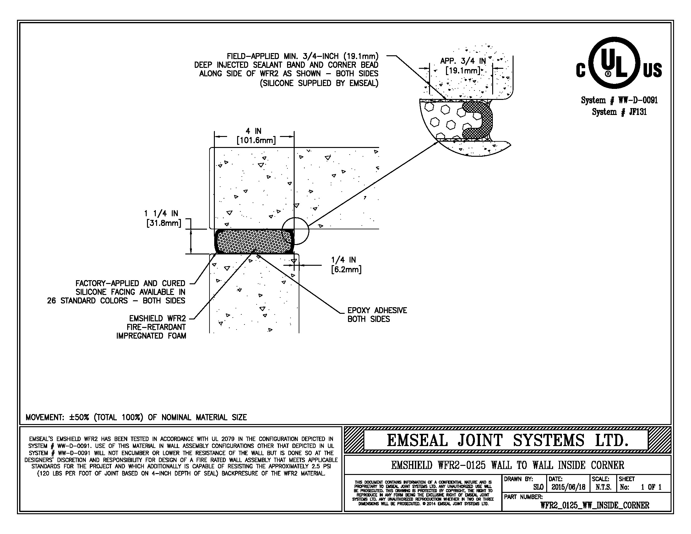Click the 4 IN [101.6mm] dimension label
pyautogui.click(x=256, y=135)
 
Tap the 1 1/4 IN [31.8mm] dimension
pyautogui.click(x=163, y=218)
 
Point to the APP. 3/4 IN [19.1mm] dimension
pyautogui.click(x=463, y=65)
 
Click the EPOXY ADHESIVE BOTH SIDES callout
pyautogui.click(x=377, y=314)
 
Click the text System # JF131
pyautogui.click(x=619, y=112)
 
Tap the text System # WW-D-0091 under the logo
pyautogui.click(x=619, y=101)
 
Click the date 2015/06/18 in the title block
pyautogui.click(x=568, y=487)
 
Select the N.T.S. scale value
pyautogui.click(x=603, y=487)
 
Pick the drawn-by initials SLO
pyautogui.click(x=538, y=488)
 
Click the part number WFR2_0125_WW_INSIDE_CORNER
pyautogui.click(x=595, y=505)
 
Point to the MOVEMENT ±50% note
pyautogui.click(x=136, y=417)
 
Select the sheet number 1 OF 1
pyautogui.click(x=651, y=487)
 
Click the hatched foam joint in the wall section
pyautogui.click(x=254, y=242)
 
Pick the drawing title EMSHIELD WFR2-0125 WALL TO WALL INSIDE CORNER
pyautogui.click(x=508, y=465)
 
